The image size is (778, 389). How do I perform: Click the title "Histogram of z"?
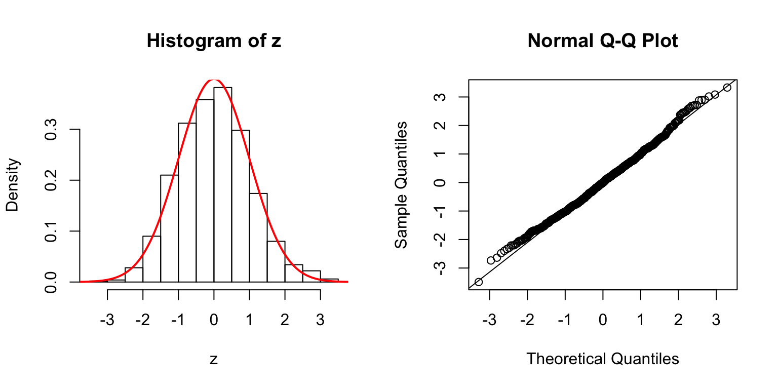click(x=214, y=41)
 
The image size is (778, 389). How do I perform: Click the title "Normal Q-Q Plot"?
click(x=602, y=41)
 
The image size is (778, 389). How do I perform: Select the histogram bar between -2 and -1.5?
click(x=151, y=259)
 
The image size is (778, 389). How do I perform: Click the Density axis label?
click(x=13, y=185)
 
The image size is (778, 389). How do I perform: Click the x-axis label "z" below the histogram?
click(x=214, y=359)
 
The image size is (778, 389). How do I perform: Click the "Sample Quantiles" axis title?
click(x=401, y=185)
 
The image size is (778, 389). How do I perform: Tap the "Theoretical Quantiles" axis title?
click(x=602, y=359)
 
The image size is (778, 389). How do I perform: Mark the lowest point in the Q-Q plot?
click(x=479, y=282)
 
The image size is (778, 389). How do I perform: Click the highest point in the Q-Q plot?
click(x=727, y=88)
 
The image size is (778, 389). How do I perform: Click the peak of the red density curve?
click(x=214, y=80)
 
